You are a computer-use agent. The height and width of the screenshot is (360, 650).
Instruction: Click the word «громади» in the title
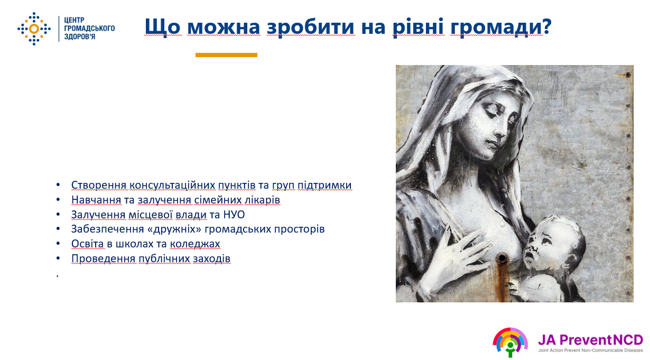click(x=497, y=27)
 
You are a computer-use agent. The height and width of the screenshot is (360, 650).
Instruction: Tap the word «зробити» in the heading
click(x=311, y=27)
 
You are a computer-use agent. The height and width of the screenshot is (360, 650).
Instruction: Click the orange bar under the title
click(x=226, y=55)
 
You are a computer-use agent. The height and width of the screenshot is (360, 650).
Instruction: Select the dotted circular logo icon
click(x=34, y=29)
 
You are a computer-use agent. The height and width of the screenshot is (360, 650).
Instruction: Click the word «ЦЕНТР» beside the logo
click(x=74, y=20)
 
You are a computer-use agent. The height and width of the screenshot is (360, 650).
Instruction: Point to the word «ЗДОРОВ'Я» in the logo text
click(x=79, y=36)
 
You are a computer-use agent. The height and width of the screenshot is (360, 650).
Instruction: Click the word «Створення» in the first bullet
click(x=99, y=185)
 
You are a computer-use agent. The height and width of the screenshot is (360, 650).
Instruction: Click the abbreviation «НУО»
click(x=234, y=215)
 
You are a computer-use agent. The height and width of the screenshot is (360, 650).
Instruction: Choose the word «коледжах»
click(x=194, y=244)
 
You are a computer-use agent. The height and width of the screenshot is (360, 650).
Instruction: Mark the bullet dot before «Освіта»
click(x=58, y=243)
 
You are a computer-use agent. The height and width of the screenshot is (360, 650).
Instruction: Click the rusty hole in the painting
click(x=501, y=258)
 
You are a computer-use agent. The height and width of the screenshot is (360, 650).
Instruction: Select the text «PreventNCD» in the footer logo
click(x=601, y=339)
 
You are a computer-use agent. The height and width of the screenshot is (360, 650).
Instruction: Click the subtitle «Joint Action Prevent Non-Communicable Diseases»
click(x=590, y=350)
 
